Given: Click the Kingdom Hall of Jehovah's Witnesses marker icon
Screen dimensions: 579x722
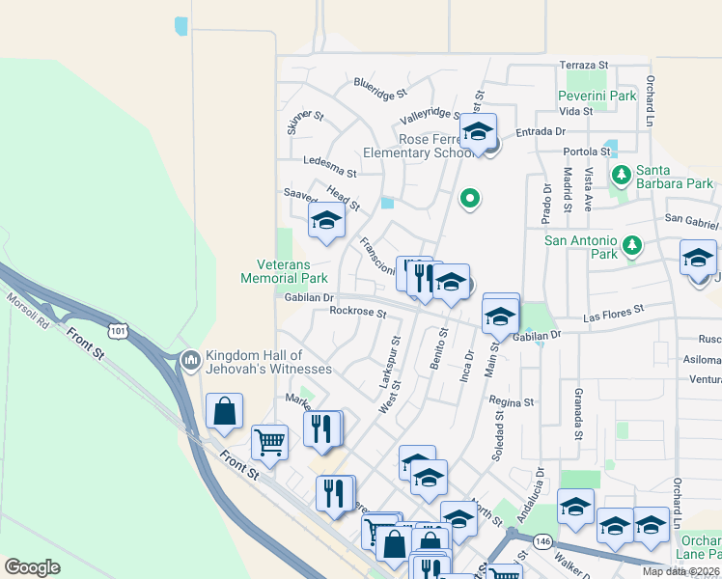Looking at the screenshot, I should point(189,360).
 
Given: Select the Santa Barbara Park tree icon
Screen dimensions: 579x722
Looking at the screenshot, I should point(621,175).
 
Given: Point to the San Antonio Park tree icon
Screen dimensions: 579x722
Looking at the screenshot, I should point(632,245).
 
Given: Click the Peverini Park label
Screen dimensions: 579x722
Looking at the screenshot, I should point(597,96).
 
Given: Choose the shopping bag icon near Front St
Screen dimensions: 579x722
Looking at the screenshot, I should point(224,412).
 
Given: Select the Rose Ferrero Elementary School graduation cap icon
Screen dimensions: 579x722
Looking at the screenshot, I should point(477,131).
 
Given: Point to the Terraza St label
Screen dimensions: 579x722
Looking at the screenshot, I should point(584,65).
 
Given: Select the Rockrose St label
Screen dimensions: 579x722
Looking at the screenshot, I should point(357,311).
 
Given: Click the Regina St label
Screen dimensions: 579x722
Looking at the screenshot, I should point(512,401).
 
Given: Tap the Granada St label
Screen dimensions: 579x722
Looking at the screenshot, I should point(577,415).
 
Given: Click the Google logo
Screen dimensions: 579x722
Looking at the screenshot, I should point(33,567).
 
